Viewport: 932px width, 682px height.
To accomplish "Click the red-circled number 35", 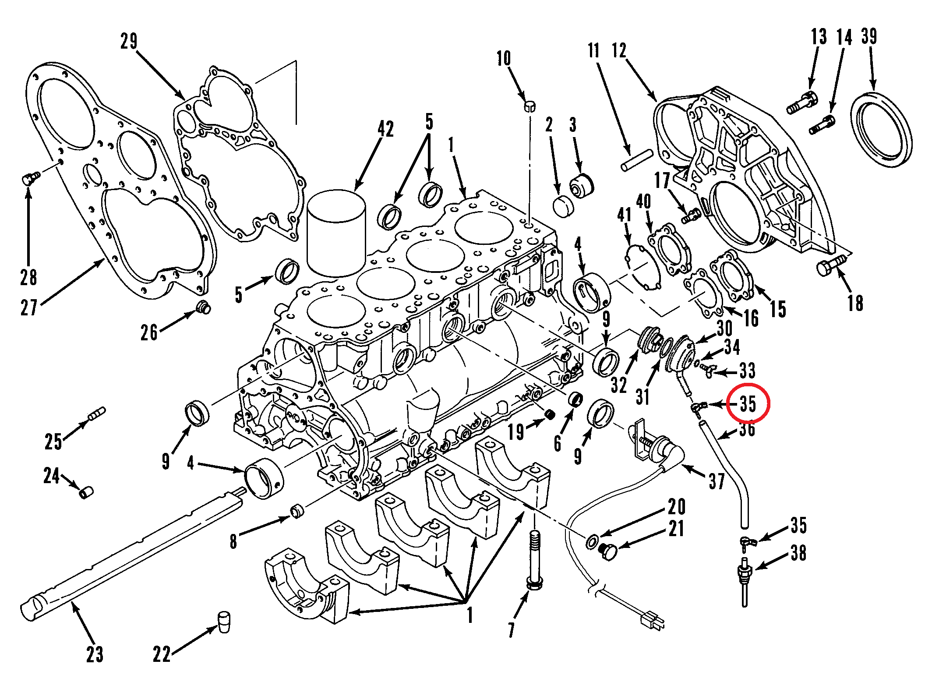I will [748, 403].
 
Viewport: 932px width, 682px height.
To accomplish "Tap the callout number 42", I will [385, 129].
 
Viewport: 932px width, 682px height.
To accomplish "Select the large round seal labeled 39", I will [881, 129].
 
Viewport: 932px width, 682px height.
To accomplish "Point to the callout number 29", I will [129, 41].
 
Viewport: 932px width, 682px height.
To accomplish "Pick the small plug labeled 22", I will [224, 622].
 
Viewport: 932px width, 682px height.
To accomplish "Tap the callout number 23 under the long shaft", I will [95, 654].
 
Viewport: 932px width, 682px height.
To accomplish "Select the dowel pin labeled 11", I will [637, 161].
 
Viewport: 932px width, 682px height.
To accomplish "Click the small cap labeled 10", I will [530, 106].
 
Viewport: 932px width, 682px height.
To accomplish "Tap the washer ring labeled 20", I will [592, 542].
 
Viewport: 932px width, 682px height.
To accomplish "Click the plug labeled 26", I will [203, 307].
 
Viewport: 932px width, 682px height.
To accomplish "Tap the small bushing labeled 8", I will [297, 511].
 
